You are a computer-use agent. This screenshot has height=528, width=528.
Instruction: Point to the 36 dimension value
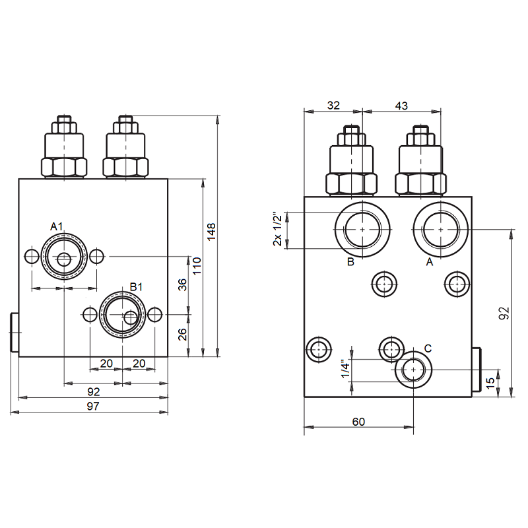[x=183, y=284]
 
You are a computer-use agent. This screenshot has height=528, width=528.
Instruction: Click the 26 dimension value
[x=183, y=334]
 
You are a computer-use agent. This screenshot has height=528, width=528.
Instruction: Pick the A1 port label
[x=57, y=227]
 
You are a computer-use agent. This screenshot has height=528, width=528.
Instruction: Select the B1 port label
[x=136, y=286]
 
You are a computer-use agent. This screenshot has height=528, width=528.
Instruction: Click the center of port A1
[x=63, y=259]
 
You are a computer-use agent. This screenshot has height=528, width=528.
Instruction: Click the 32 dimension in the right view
[x=333, y=105]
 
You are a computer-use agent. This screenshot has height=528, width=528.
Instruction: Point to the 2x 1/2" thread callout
[x=278, y=230]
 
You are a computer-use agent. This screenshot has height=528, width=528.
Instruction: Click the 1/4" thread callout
[x=345, y=369]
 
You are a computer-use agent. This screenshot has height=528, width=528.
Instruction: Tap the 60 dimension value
[x=358, y=422]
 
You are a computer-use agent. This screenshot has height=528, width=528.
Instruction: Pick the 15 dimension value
[x=490, y=381]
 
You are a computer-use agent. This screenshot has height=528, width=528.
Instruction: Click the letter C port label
[x=428, y=348]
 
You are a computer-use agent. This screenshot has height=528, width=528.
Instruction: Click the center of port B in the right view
[x=362, y=228]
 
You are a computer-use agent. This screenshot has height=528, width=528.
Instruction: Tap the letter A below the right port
[x=429, y=262]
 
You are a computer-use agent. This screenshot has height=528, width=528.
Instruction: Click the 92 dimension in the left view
[x=93, y=391]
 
